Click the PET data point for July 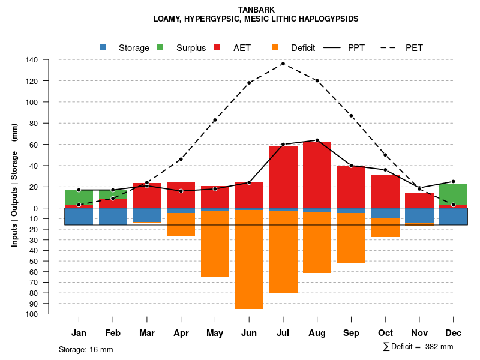tap(283, 64)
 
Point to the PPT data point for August tap(317, 140)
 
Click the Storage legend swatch tap(103, 48)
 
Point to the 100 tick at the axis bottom tap(32, 314)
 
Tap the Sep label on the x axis tap(351, 333)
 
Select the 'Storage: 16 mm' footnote tap(86, 349)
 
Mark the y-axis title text tap(14, 185)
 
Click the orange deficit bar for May tap(215, 244)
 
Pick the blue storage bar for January tap(79, 216)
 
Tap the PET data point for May tap(215, 120)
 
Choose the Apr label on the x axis tap(181, 333)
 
